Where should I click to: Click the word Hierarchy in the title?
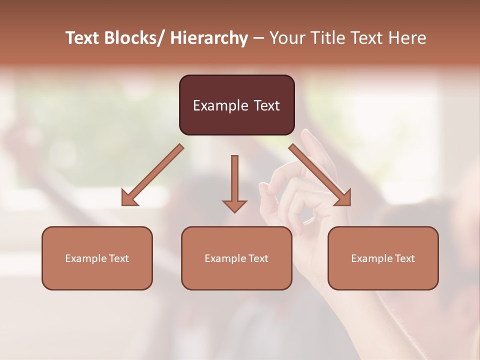(209, 38)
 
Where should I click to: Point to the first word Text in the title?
(83, 38)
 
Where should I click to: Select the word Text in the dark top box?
(266, 105)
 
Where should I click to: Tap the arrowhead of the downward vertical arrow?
(234, 206)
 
